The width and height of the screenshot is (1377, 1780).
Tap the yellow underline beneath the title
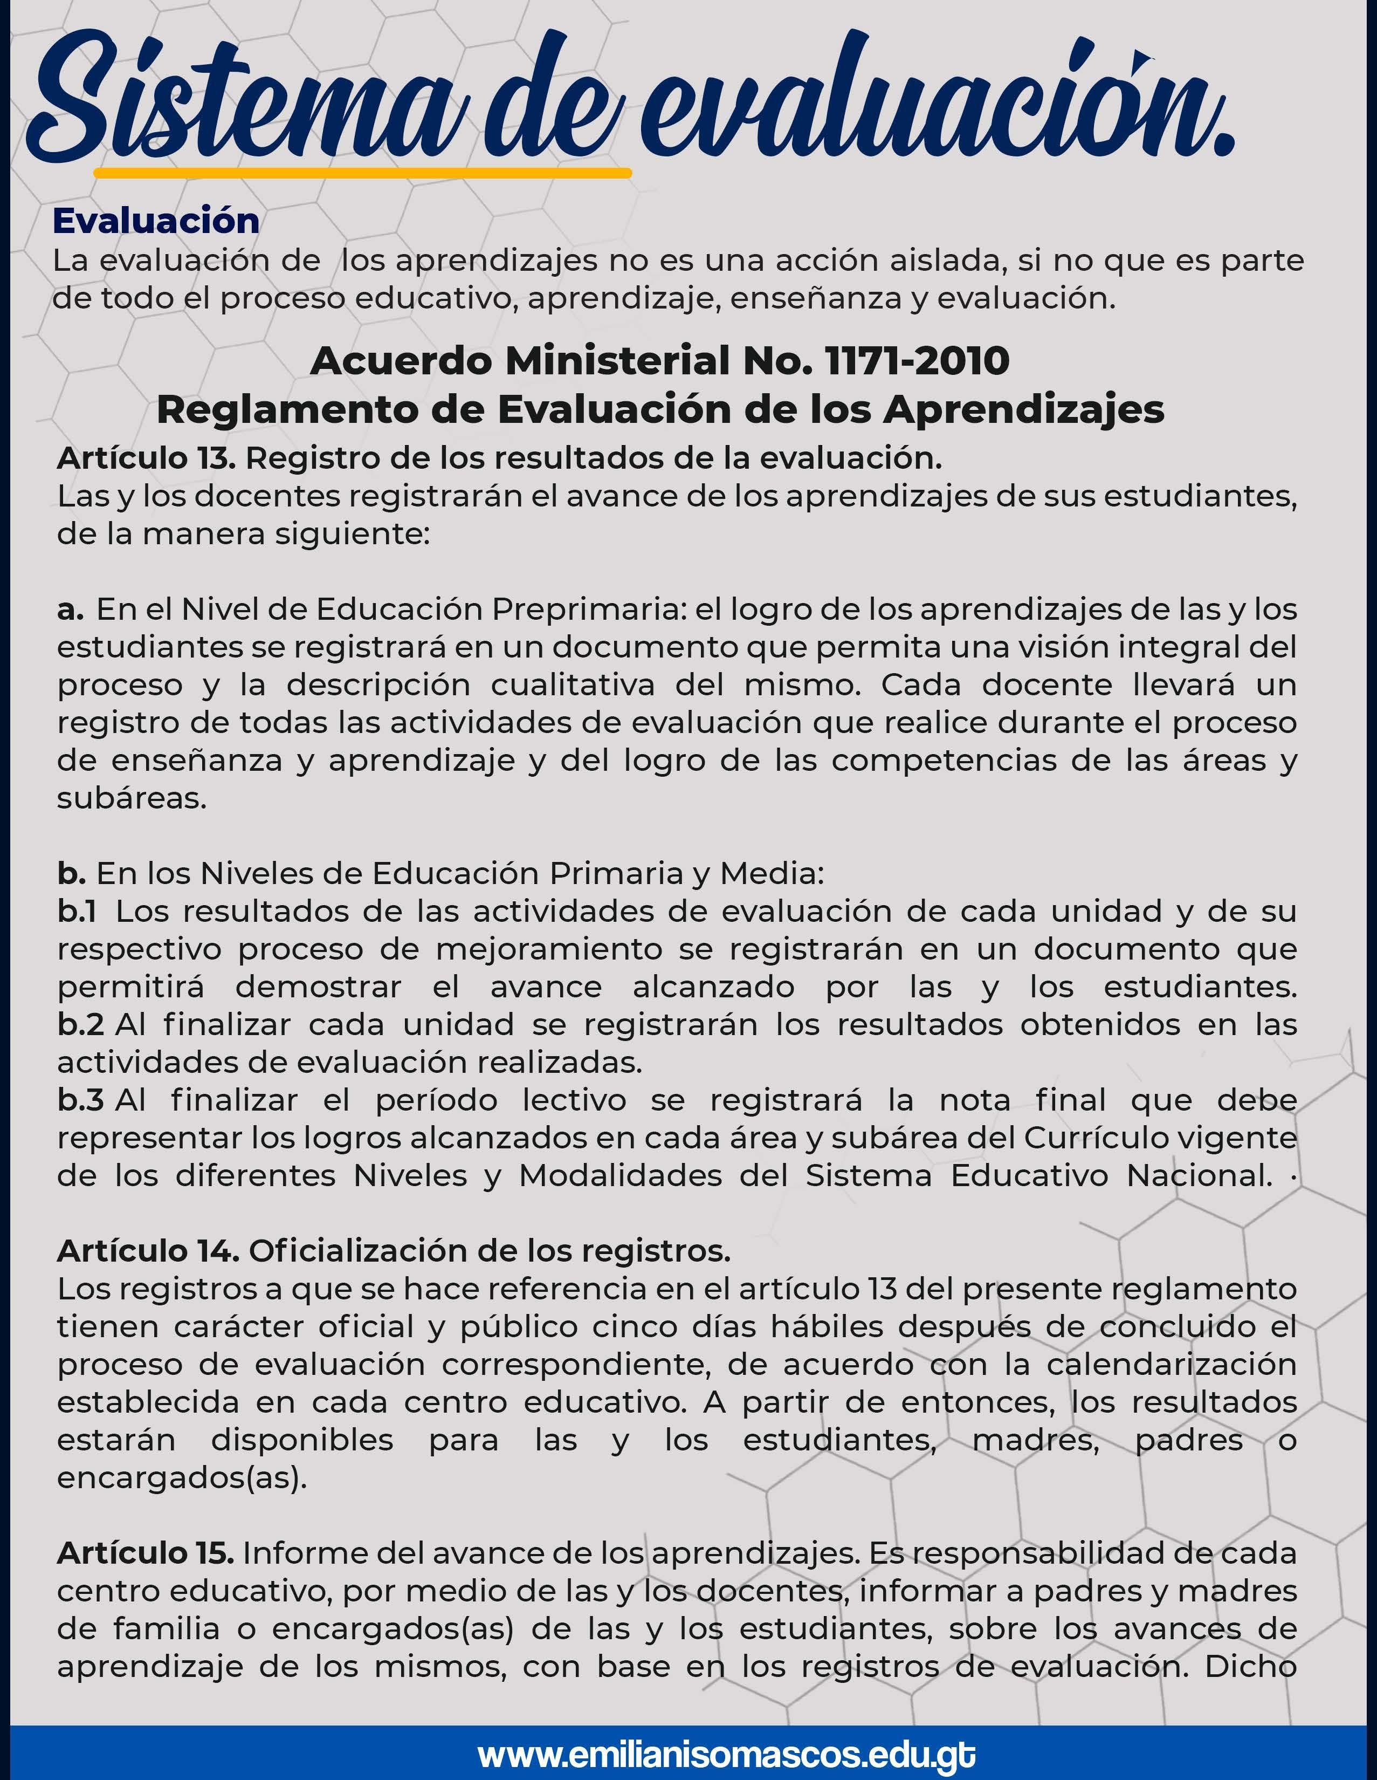tap(363, 173)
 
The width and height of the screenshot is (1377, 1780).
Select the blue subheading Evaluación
tap(156, 221)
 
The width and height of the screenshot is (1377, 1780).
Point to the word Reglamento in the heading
tap(287, 409)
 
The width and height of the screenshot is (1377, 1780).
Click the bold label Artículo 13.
tap(146, 459)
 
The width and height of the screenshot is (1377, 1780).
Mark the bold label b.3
tap(80, 1100)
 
